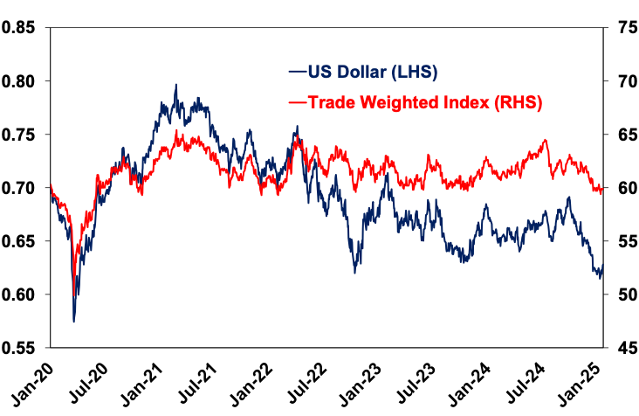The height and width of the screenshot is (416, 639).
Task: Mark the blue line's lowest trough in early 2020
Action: [73, 321]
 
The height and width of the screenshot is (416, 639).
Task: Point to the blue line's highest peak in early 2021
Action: [175, 86]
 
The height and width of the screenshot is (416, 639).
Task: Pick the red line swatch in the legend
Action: [297, 103]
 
